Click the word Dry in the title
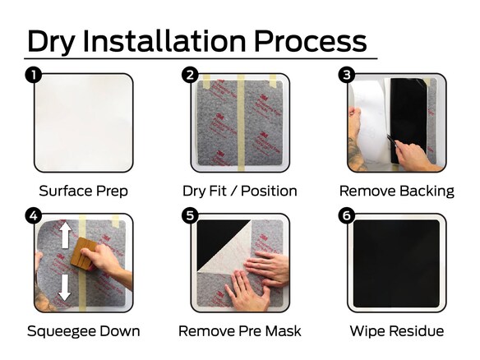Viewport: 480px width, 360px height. [x=50, y=42]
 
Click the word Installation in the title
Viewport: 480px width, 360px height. [x=164, y=41]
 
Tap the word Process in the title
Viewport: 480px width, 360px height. [x=311, y=41]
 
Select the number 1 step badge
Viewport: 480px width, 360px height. [x=34, y=75]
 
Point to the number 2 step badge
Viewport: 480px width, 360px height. [x=190, y=75]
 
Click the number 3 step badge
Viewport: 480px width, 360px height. [x=347, y=75]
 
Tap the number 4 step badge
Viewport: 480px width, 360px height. [x=34, y=215]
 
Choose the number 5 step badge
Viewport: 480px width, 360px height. [x=190, y=215]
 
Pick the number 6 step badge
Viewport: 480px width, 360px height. [x=347, y=215]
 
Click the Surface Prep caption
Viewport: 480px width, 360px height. [x=83, y=191]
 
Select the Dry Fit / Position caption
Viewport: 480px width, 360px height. [x=240, y=191]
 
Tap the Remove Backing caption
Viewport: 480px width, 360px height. [x=397, y=191]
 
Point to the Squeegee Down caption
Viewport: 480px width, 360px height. [x=84, y=331]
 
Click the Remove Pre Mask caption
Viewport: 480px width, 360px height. [x=240, y=331]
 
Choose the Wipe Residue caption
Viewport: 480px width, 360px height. [x=397, y=331]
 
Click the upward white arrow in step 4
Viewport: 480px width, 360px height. [x=65, y=234]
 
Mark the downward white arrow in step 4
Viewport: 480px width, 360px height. [x=65, y=287]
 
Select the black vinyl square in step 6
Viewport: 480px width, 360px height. [x=396, y=264]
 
